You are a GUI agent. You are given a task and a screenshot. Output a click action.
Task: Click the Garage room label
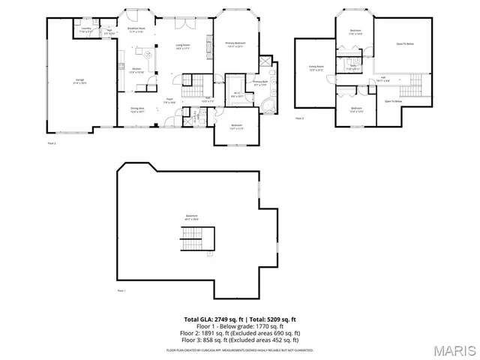coord(79,79)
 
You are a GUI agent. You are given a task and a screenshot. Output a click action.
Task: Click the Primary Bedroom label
coord(236,44)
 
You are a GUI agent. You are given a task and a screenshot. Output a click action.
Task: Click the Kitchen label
coord(136,70)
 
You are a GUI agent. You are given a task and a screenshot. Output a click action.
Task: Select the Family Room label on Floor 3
coord(316,68)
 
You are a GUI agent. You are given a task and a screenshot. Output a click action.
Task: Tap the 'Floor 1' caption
coord(121,289)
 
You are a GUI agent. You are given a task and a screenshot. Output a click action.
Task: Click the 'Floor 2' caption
coord(52,142)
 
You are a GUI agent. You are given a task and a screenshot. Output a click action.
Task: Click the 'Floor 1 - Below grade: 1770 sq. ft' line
coord(240,326)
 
